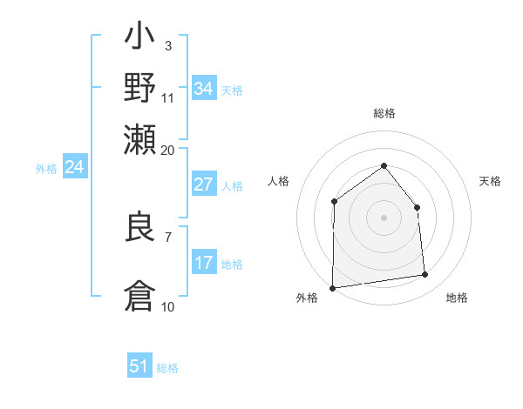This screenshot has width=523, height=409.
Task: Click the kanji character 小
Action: tap(140, 39)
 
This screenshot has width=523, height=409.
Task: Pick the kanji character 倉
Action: tap(140, 294)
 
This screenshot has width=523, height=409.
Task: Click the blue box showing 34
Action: tap(204, 89)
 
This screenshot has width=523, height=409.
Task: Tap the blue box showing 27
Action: tap(204, 184)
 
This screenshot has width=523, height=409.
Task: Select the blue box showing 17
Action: tap(204, 263)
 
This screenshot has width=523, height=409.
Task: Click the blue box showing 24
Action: tap(74, 167)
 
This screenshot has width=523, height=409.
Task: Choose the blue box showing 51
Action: tap(139, 366)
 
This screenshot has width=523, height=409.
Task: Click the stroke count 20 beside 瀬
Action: tap(167, 150)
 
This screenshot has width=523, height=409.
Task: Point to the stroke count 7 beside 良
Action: tap(167, 236)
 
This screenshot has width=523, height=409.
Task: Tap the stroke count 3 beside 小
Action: tap(167, 45)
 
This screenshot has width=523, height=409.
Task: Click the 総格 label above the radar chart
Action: tap(384, 113)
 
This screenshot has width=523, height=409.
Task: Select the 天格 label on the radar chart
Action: tap(490, 181)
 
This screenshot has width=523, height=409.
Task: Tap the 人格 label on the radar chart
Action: tap(278, 181)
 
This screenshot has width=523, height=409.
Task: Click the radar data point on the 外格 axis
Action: tap(332, 288)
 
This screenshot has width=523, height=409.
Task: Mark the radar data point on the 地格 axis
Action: tap(425, 275)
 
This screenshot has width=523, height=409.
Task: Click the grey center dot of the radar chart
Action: tap(384, 218)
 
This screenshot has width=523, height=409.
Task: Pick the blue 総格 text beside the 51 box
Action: tap(167, 368)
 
